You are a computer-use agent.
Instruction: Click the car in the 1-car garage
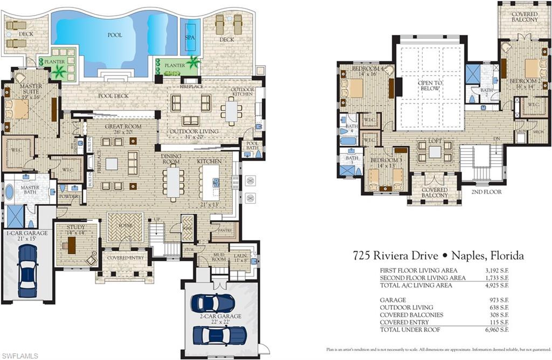[x=27, y=271]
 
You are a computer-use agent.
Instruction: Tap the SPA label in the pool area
[x=190, y=38]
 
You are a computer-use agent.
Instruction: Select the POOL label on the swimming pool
[x=114, y=35]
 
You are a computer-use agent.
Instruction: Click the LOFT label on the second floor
[x=435, y=141]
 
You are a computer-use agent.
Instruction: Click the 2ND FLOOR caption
[x=486, y=192]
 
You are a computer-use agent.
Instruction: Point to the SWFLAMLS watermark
[x=20, y=355]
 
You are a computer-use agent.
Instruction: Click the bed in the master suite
[x=17, y=109]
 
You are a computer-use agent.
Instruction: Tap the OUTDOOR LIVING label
[x=194, y=131]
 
